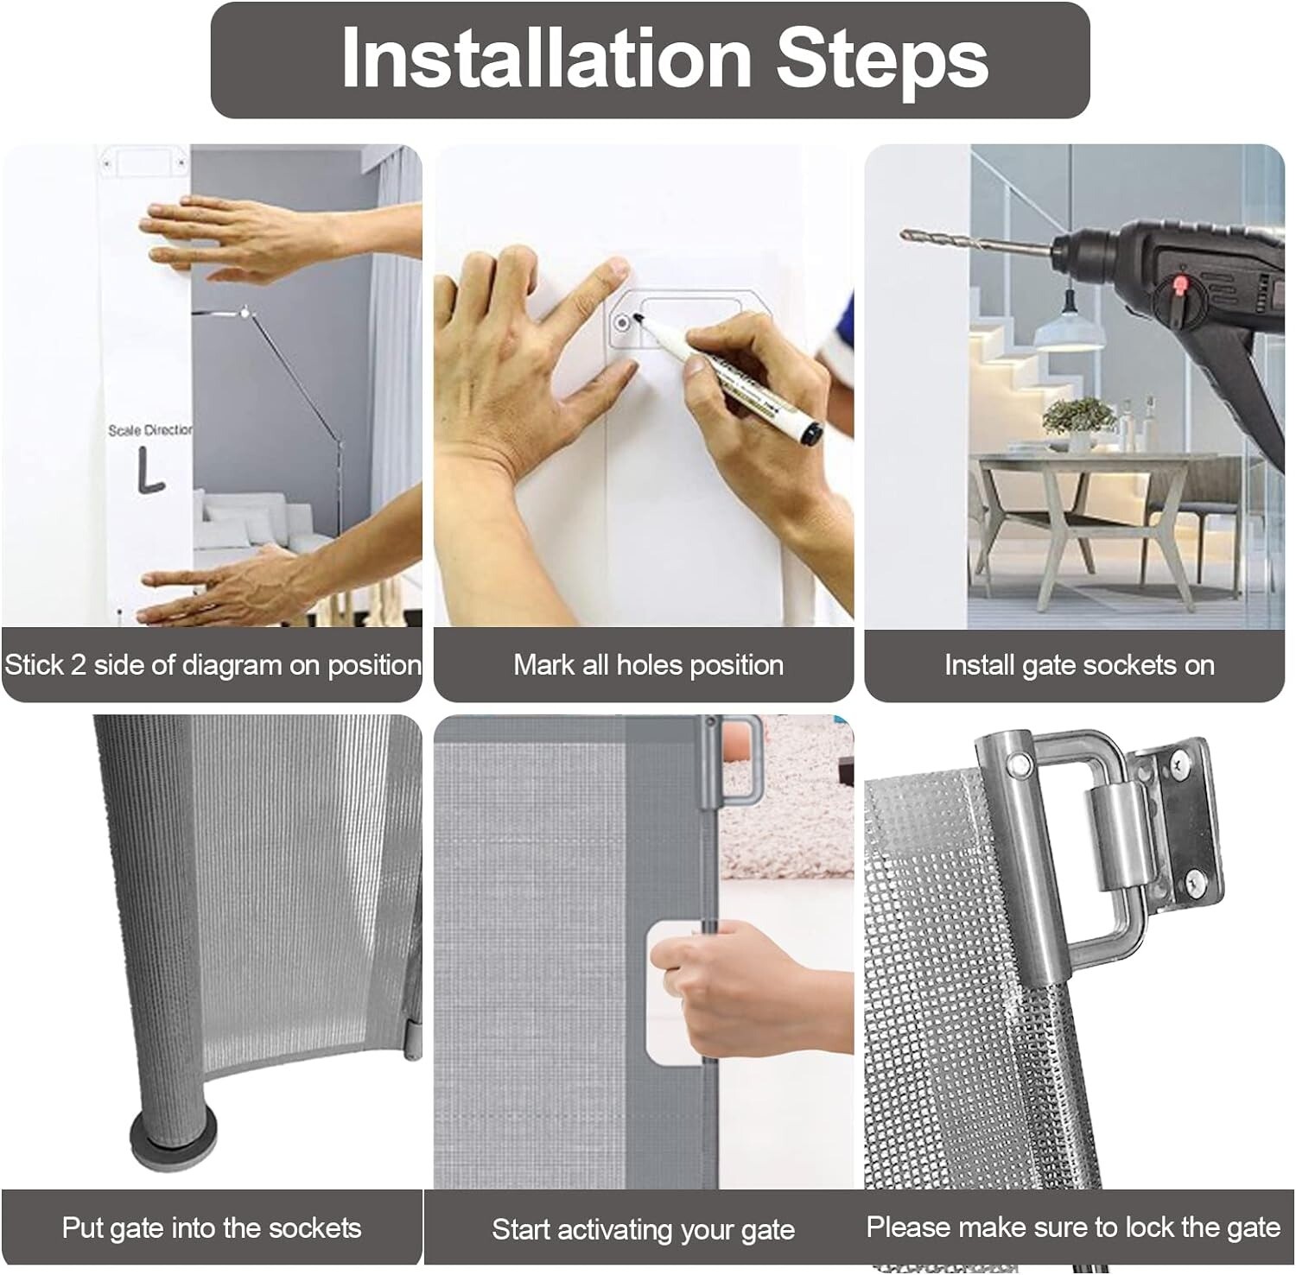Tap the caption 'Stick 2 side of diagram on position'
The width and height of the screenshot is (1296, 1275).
click(213, 665)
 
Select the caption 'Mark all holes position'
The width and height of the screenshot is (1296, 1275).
click(648, 665)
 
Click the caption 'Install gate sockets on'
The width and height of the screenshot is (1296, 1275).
click(1079, 665)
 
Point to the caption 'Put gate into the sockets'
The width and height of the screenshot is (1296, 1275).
click(212, 1227)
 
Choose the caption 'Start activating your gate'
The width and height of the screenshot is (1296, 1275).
click(643, 1229)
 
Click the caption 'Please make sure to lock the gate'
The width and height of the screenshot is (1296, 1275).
click(1073, 1227)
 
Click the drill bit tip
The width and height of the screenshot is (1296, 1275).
click(905, 233)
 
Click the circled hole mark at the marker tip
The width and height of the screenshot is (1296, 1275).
click(622, 324)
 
